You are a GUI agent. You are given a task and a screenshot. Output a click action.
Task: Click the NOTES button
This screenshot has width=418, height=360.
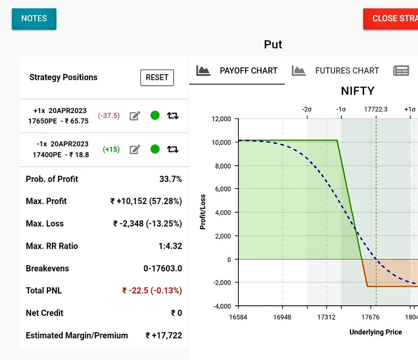coord(34,19)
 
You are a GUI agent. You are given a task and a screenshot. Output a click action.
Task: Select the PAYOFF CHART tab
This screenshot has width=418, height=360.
coord(237,71)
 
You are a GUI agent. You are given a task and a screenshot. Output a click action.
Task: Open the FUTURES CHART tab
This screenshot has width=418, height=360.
coord(336,71)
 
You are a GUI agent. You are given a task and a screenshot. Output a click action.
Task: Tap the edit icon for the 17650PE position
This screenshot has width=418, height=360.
coord(135,116)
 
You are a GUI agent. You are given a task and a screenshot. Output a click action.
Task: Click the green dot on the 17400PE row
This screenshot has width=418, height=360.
coord(155,149)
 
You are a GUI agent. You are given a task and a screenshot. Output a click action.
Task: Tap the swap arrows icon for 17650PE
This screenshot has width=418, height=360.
coord(173,116)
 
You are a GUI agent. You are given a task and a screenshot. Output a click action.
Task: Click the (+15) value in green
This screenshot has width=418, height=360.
coord(111,149)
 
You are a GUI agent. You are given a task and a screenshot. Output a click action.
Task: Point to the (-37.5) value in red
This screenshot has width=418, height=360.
coord(109,116)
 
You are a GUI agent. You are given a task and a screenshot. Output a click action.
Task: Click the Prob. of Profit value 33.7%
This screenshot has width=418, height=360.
coord(171,179)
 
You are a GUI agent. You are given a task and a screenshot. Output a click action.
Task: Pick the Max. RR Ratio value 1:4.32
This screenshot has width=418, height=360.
coord(170,246)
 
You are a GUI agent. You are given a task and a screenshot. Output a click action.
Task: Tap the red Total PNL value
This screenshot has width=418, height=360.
coord(152,291)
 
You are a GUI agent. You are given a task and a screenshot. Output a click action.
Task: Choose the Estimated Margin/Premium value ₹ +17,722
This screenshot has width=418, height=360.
coord(164,336)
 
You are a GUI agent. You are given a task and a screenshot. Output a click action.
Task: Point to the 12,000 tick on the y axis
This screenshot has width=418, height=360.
coord(221,119)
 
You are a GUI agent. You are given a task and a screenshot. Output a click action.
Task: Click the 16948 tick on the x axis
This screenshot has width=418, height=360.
coord(282,317)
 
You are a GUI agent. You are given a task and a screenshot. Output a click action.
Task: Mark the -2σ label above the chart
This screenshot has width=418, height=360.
coord(307,109)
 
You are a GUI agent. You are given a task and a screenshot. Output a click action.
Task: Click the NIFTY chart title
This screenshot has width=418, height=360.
coord(358,91)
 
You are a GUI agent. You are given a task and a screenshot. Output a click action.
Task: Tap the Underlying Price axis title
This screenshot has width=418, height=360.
coord(376,332)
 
